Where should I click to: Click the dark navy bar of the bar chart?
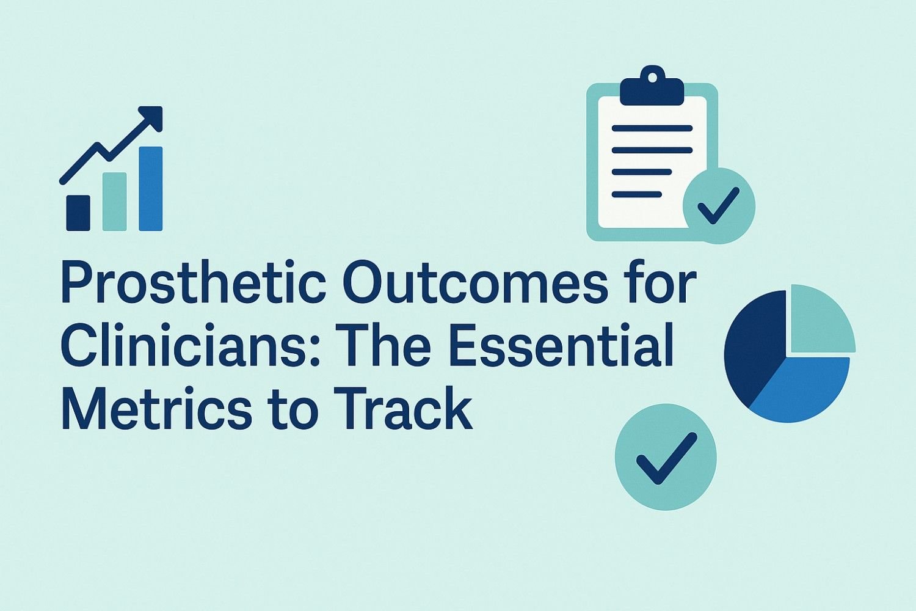tap(78, 213)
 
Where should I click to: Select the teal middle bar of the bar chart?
tap(114, 202)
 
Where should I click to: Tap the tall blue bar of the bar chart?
tap(150, 189)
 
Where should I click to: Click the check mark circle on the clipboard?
tap(719, 206)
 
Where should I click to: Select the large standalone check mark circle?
tap(666, 457)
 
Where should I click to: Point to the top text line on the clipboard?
tap(652, 128)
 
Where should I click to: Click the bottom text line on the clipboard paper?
tap(637, 194)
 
